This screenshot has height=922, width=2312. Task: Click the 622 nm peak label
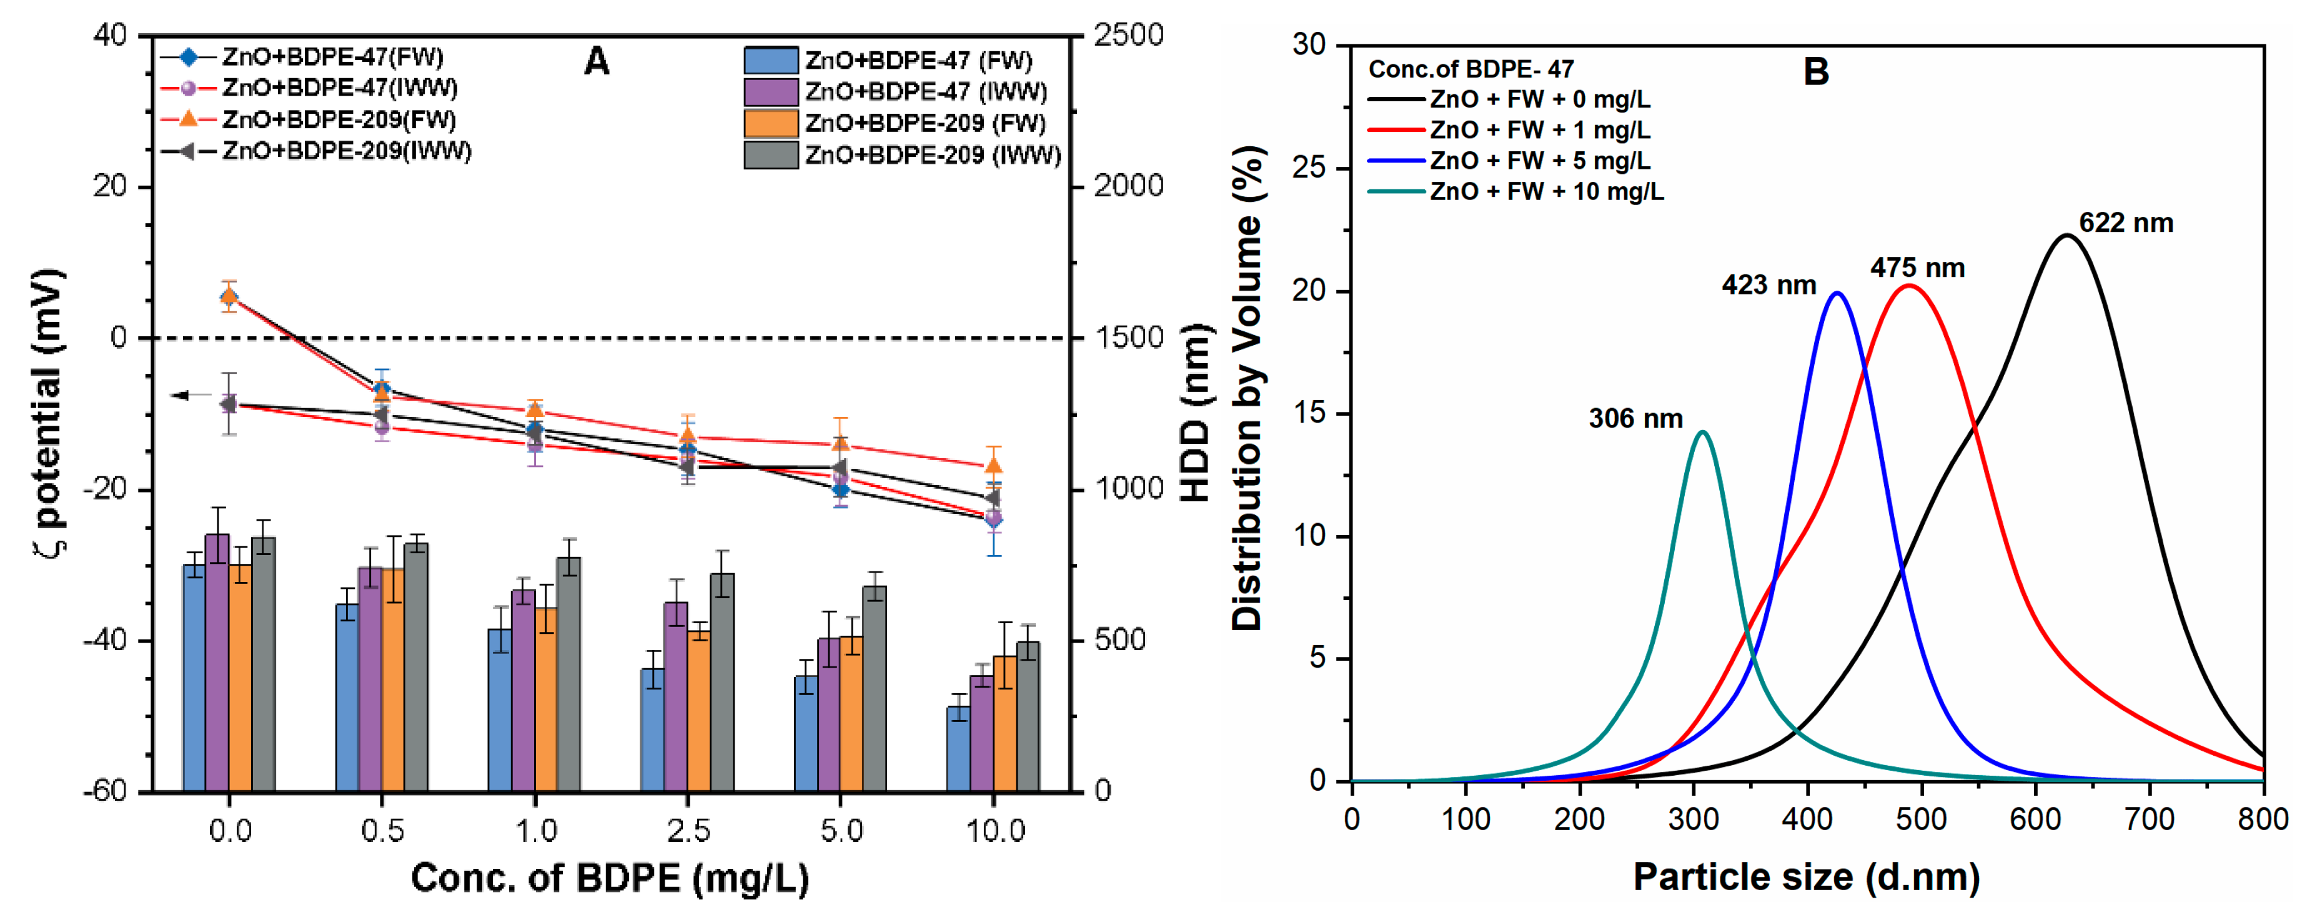[2125, 224]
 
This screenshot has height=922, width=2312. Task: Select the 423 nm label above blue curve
[1767, 286]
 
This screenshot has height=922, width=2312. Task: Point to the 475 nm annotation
[1917, 268]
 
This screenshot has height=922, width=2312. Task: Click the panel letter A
[596, 62]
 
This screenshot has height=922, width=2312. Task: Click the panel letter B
[1815, 72]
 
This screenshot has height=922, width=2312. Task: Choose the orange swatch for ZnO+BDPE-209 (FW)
[770, 123]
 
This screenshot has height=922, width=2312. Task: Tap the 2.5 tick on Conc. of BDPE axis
[688, 831]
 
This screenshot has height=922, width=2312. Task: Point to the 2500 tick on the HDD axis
[1128, 36]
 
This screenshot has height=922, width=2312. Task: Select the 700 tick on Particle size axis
[2150, 819]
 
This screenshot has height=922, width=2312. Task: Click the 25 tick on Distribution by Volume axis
[1309, 169]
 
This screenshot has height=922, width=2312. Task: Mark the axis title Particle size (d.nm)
[1806, 877]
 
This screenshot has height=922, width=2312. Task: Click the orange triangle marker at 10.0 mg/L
[993, 466]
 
